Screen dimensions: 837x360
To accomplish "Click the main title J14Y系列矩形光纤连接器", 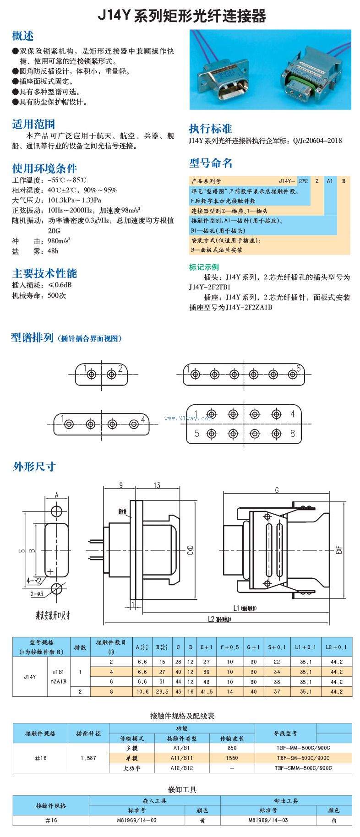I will click(181, 16).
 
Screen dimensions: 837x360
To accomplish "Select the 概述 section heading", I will click(23, 36).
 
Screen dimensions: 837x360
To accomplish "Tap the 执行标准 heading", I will click(210, 128).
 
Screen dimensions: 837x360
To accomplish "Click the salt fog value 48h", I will click(53, 251).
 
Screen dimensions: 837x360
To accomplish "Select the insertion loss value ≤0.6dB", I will click(60, 285).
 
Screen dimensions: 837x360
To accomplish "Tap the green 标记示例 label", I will click(204, 267).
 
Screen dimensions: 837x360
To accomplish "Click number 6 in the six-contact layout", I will click(298, 368).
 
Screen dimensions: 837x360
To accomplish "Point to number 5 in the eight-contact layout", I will click(197, 433).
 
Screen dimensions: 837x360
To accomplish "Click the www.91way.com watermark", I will click(188, 418).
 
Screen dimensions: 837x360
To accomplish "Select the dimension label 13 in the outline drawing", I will click(157, 485).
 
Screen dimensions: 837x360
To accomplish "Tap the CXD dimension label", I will click(190, 550).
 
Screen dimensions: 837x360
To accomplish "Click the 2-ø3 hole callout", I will click(37, 594).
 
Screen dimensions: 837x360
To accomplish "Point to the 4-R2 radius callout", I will click(34, 581).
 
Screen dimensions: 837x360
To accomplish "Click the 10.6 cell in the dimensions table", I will click(142, 692).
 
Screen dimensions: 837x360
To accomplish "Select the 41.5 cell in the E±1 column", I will click(206, 692).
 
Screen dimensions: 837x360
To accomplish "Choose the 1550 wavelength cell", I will click(232, 758).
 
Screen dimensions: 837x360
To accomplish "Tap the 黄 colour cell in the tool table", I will click(202, 820).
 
